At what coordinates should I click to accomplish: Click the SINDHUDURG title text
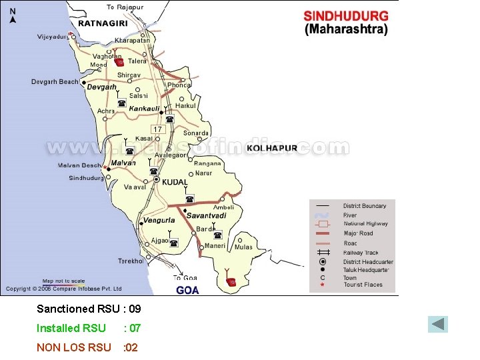point(346,17)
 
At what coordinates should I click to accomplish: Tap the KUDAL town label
point(175,182)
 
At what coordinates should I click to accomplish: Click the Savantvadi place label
point(206,215)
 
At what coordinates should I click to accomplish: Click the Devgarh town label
point(102,87)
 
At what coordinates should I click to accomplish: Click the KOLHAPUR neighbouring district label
point(273,148)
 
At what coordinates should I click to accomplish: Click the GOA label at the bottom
point(187,290)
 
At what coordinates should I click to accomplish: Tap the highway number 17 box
point(157,129)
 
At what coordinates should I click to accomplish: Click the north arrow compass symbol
point(13,15)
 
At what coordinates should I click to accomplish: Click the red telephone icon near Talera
point(119,62)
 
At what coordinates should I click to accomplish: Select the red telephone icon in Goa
point(231,281)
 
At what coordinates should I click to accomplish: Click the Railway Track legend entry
point(360,253)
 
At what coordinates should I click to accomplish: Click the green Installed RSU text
point(71,328)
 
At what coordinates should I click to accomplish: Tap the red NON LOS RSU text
point(73,347)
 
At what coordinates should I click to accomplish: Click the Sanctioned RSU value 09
point(134,309)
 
